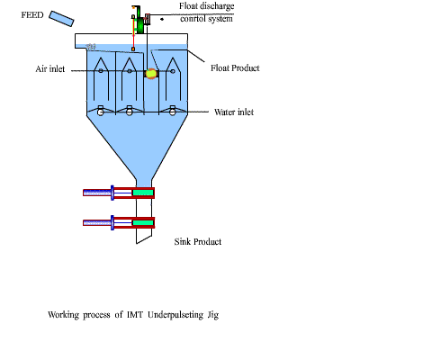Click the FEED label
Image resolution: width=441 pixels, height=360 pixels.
32,15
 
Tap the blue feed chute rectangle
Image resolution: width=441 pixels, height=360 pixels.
61,19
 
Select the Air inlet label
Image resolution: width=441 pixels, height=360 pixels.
50,69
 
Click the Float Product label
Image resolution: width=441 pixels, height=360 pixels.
235,68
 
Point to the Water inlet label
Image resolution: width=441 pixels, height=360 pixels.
234,112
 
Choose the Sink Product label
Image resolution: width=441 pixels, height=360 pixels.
198,242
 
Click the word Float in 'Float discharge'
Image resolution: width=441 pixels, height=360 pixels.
188,6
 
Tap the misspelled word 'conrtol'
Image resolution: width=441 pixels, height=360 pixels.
193,19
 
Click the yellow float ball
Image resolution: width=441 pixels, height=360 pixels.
151,74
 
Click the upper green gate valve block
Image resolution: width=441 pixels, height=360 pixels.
143,193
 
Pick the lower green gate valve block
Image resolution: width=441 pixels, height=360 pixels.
143,222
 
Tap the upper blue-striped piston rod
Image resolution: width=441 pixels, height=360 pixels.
97,193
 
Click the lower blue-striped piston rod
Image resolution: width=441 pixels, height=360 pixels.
97,222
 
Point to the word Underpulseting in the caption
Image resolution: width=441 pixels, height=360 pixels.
175,315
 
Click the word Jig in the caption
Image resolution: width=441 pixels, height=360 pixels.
213,315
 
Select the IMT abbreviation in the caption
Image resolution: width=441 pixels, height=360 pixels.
135,315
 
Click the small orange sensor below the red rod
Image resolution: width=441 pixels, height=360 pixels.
133,49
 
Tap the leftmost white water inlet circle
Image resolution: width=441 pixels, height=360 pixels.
101,112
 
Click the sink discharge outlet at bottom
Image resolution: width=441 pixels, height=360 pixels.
144,236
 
